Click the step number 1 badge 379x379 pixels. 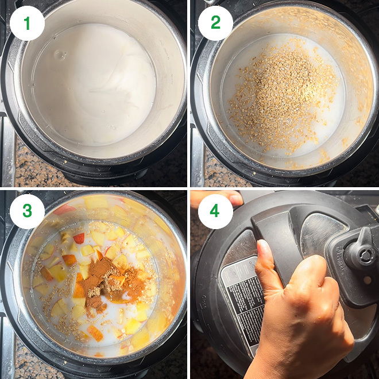27,24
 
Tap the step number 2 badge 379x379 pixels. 215,24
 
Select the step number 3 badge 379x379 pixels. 27,211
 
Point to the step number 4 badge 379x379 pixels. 215,211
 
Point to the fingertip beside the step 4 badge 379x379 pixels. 235,198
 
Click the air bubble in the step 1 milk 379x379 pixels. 58,56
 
